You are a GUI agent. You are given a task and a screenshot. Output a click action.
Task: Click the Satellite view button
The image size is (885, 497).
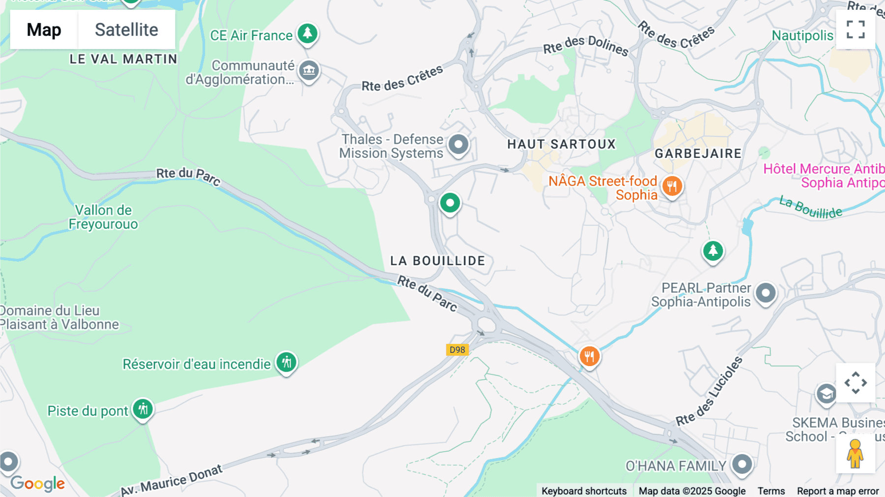[126, 30]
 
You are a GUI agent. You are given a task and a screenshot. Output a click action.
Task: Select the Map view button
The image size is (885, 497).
[44, 30]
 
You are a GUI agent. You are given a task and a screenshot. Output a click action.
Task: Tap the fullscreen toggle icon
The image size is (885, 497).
[855, 30]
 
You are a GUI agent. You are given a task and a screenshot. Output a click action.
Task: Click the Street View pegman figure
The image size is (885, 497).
[855, 454]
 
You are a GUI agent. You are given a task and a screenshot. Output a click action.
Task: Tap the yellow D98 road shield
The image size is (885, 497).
[457, 350]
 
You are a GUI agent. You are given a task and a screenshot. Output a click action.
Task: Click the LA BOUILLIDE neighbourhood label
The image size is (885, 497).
[438, 261]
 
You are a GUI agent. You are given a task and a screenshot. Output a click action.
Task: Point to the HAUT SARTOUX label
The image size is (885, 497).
[561, 144]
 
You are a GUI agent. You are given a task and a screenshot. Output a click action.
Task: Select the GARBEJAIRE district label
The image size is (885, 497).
[698, 154]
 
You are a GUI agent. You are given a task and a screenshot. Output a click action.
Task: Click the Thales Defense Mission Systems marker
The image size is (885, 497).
[459, 145]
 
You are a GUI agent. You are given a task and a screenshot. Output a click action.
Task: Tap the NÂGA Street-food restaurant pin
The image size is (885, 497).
[672, 186]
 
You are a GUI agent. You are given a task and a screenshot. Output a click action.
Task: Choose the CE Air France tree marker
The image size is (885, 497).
[308, 33]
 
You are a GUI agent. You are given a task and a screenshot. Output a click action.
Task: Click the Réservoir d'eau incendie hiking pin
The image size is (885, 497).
[286, 363]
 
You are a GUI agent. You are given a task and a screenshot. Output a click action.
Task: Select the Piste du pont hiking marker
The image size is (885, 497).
[143, 409]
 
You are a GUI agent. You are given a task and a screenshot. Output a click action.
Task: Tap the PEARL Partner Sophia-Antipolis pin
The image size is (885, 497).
[766, 293]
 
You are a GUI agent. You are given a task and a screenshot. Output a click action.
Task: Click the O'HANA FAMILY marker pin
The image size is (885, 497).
[742, 464]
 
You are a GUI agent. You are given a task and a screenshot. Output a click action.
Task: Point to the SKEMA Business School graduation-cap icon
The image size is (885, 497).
[826, 394]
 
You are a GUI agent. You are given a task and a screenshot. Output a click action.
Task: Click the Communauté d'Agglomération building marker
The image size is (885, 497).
[309, 70]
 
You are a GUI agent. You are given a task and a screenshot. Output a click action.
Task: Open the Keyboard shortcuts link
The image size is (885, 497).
[584, 491]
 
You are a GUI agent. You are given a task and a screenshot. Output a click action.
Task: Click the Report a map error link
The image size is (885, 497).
[838, 491]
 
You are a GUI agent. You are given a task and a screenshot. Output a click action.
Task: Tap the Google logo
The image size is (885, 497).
[38, 484]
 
